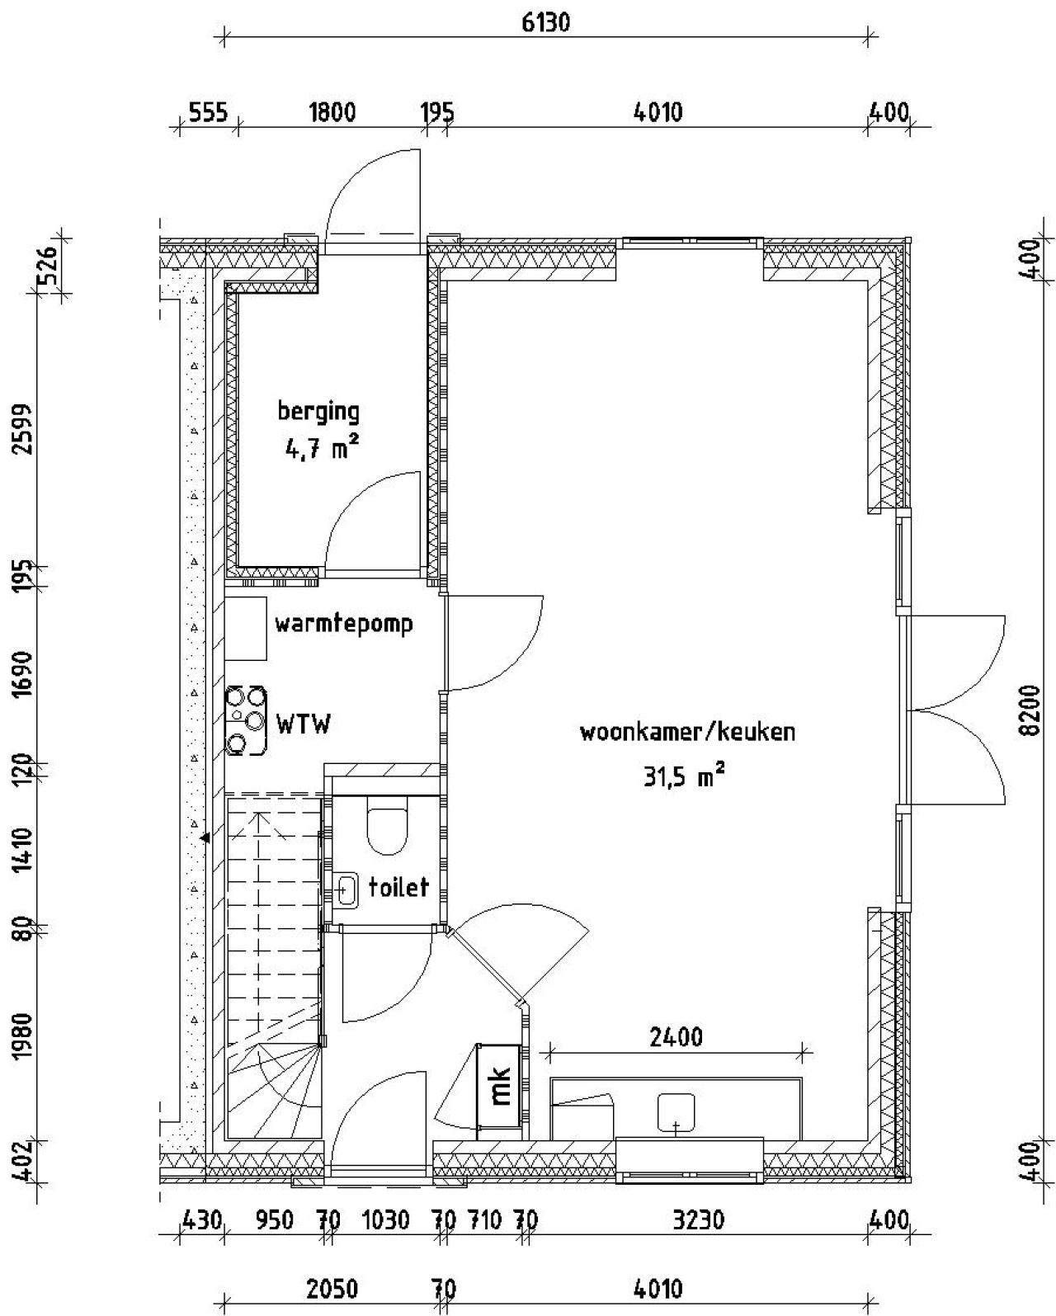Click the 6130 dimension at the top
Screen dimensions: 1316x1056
pos(545,22)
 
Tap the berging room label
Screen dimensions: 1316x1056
pos(318,410)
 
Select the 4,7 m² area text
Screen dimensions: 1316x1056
pos(319,450)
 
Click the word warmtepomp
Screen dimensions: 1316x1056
pos(343,624)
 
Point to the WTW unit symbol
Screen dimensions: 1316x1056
pos(247,720)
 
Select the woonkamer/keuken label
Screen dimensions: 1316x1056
pos(686,732)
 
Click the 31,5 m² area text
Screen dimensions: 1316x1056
pos(684,776)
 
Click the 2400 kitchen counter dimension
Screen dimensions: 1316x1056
pos(676,1036)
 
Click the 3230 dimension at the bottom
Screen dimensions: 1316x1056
pos(698,1219)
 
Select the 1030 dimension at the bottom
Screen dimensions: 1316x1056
pos(385,1219)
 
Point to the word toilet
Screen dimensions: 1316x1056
pos(399,887)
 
